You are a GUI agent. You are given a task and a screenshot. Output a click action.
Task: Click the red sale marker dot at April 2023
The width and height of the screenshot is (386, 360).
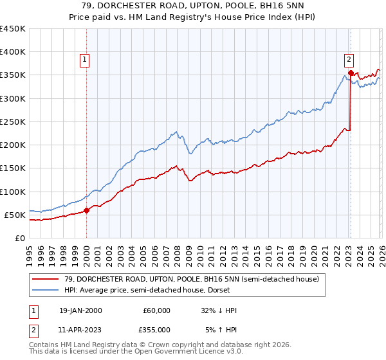click(351, 73)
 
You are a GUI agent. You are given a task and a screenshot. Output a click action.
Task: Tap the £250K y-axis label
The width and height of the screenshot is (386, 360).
click(13, 122)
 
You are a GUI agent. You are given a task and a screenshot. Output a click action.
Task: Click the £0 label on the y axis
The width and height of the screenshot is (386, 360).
click(19, 238)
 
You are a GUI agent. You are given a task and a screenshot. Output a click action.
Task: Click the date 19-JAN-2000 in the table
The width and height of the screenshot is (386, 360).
click(80, 310)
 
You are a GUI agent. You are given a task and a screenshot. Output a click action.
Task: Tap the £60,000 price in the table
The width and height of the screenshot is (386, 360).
click(156, 310)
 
